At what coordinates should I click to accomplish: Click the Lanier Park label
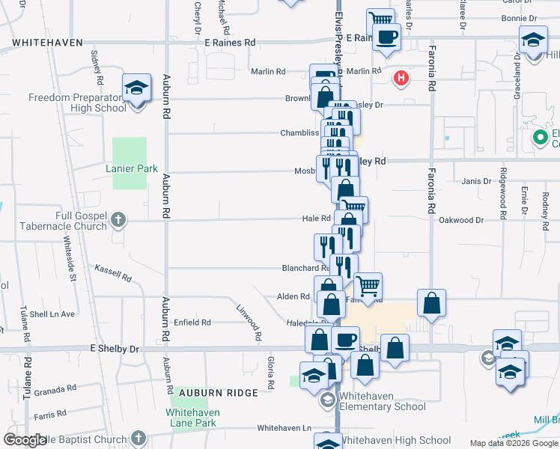click(132, 168)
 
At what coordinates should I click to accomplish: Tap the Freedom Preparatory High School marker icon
click(137, 90)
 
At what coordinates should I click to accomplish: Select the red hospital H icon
click(402, 77)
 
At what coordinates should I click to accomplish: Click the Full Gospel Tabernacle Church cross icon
click(118, 220)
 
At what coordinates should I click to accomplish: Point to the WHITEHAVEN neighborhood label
click(47, 43)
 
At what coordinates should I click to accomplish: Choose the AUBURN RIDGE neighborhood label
click(222, 392)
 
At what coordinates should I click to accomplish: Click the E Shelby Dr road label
click(115, 349)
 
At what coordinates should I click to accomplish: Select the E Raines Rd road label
click(230, 43)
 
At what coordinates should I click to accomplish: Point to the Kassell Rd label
click(113, 272)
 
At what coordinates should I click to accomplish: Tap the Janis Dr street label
click(476, 181)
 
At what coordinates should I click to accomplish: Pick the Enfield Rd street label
click(192, 323)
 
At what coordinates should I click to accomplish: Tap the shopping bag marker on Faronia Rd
click(431, 304)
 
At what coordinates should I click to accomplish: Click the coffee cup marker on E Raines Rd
click(386, 37)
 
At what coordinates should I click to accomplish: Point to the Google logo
click(25, 440)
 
